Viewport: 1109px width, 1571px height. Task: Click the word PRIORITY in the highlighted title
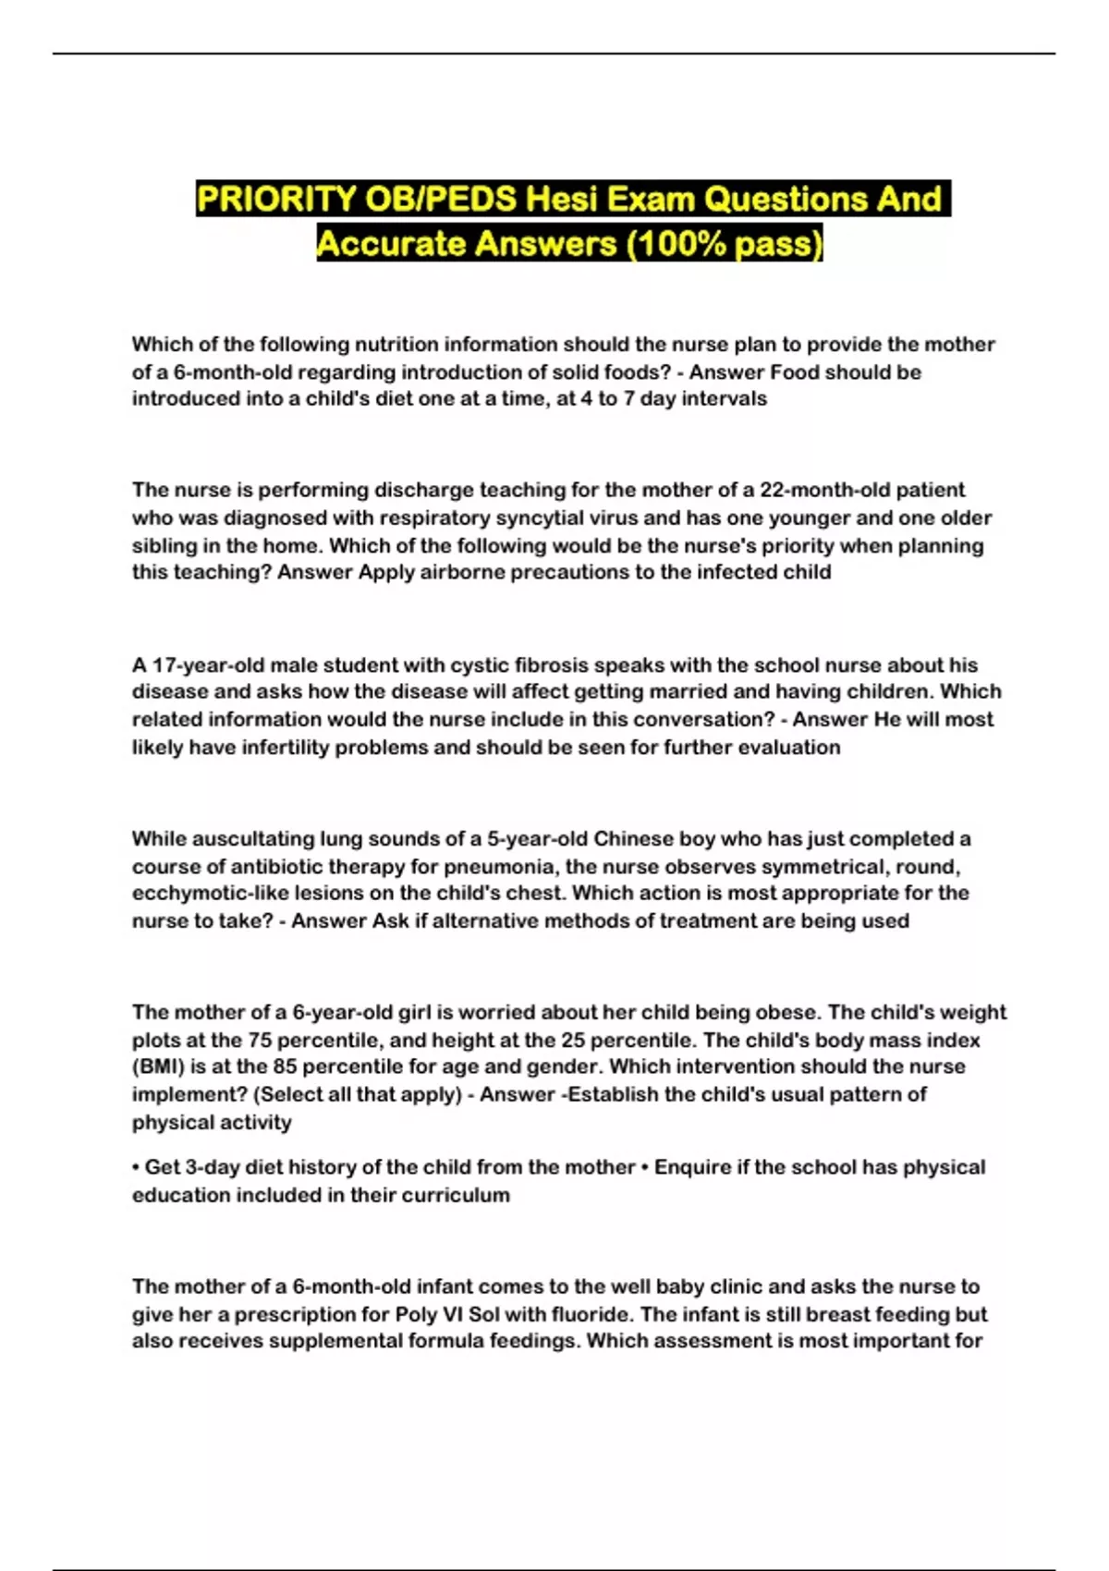click(x=276, y=199)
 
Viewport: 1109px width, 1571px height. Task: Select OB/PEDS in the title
click(x=440, y=199)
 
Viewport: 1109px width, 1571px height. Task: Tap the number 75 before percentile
click(x=260, y=1040)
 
